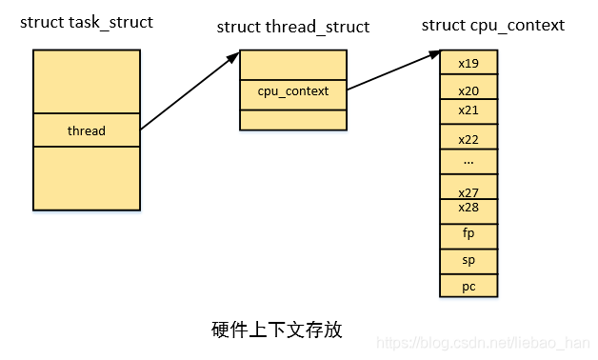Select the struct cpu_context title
(492, 25)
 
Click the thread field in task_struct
(86, 130)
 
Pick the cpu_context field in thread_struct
(293, 91)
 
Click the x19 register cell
(468, 63)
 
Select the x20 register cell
(468, 90)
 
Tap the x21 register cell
(468, 110)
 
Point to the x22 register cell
(468, 139)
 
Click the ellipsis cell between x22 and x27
(468, 161)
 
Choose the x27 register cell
(468, 190)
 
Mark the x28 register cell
(468, 209)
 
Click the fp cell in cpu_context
(468, 234)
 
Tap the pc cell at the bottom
(468, 286)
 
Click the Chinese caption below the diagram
(276, 330)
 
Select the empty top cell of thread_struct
(293, 64)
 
